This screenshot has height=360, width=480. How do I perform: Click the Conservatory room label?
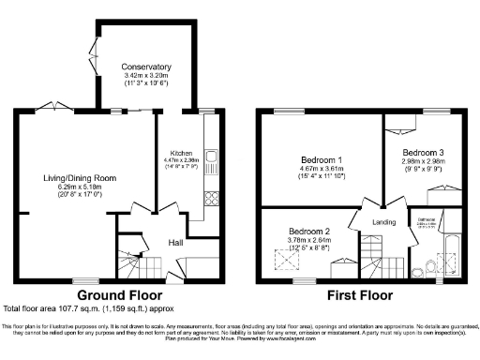[146, 67]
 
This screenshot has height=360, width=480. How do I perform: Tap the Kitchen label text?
[181, 152]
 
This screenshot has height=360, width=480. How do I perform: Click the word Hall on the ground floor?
[175, 242]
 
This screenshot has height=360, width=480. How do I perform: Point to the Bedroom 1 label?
[321, 158]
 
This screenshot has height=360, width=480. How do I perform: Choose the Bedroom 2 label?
[308, 231]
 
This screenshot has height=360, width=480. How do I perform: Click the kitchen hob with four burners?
[210, 197]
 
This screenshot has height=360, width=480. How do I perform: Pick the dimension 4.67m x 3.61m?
[321, 168]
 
